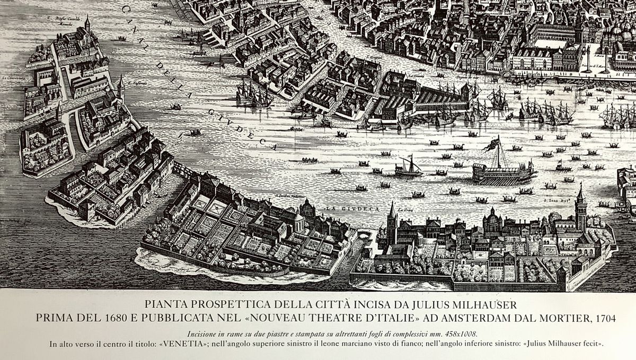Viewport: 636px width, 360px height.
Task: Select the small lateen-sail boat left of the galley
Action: (408, 167)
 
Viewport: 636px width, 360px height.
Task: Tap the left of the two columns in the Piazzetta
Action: (587, 58)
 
